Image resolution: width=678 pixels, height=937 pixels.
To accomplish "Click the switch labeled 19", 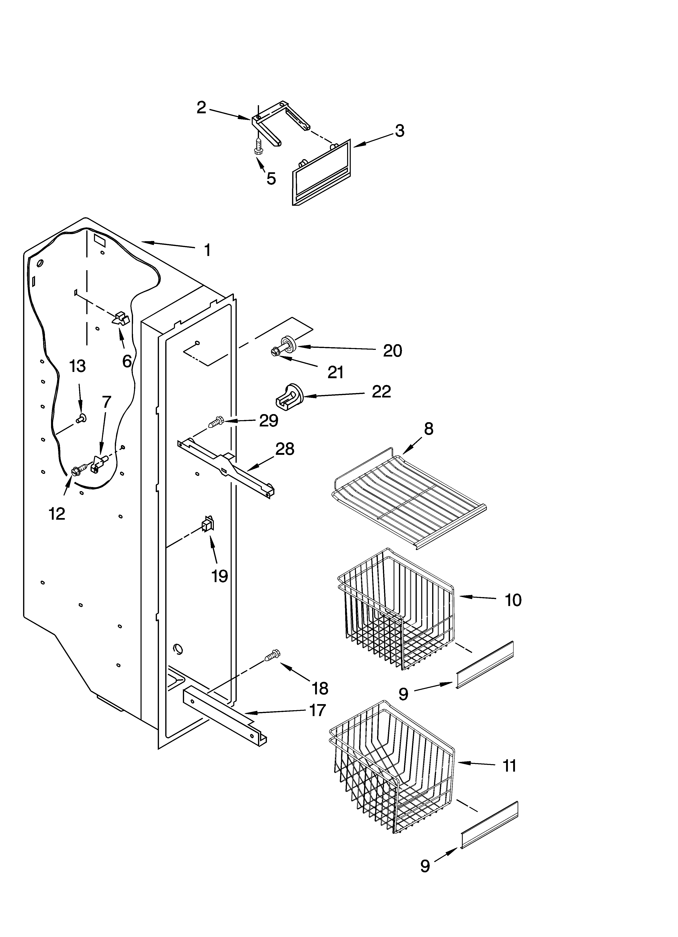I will [207, 525].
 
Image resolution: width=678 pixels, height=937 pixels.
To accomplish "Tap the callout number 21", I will [335, 373].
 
